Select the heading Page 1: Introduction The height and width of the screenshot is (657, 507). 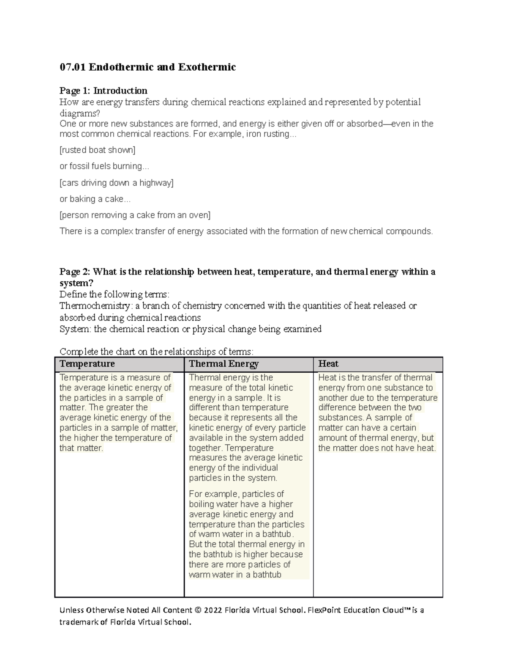point(104,91)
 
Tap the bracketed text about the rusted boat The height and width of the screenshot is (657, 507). point(98,150)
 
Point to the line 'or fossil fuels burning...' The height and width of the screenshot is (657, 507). point(104,166)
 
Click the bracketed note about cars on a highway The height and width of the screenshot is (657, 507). point(117,183)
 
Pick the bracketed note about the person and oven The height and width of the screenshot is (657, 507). point(135,215)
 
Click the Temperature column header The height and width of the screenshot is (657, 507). point(87,364)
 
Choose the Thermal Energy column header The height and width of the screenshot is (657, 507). point(224,364)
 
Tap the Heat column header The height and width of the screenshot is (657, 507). point(328,364)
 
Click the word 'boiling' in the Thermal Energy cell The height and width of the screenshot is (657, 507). point(201,504)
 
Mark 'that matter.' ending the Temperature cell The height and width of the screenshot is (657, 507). point(81,448)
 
